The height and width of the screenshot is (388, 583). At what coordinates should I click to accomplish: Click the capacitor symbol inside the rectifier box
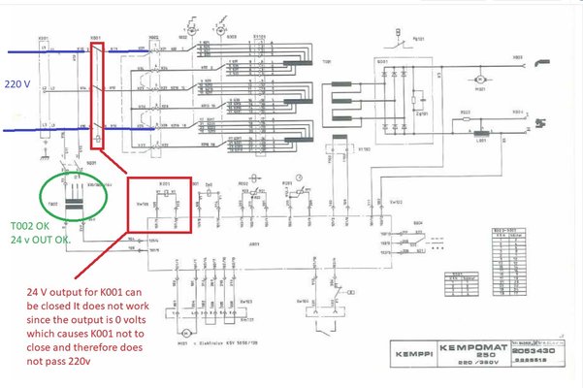tap(416, 100)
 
